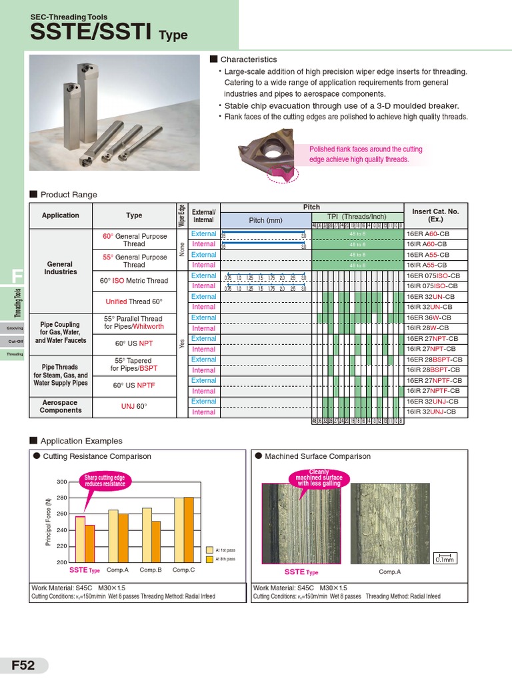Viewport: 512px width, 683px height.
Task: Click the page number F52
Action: click(23, 666)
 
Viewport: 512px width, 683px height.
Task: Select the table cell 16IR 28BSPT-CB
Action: click(434, 370)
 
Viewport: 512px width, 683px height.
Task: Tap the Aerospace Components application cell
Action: click(61, 406)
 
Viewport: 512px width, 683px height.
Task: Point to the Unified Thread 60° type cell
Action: click(134, 301)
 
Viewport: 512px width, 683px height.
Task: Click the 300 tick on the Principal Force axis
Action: click(62, 482)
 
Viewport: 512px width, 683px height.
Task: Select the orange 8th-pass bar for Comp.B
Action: click(156, 542)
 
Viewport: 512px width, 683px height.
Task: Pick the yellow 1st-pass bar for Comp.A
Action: click(113, 536)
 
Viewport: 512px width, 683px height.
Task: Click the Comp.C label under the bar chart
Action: click(183, 570)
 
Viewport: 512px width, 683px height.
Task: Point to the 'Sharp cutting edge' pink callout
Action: click(105, 481)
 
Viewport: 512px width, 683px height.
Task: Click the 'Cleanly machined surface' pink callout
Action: click(319, 478)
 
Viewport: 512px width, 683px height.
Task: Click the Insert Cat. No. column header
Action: click(436, 215)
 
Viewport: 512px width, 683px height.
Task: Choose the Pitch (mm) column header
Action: click(265, 220)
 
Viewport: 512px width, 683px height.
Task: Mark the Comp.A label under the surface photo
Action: click(389, 572)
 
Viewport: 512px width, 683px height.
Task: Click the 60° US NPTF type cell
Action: click(134, 386)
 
